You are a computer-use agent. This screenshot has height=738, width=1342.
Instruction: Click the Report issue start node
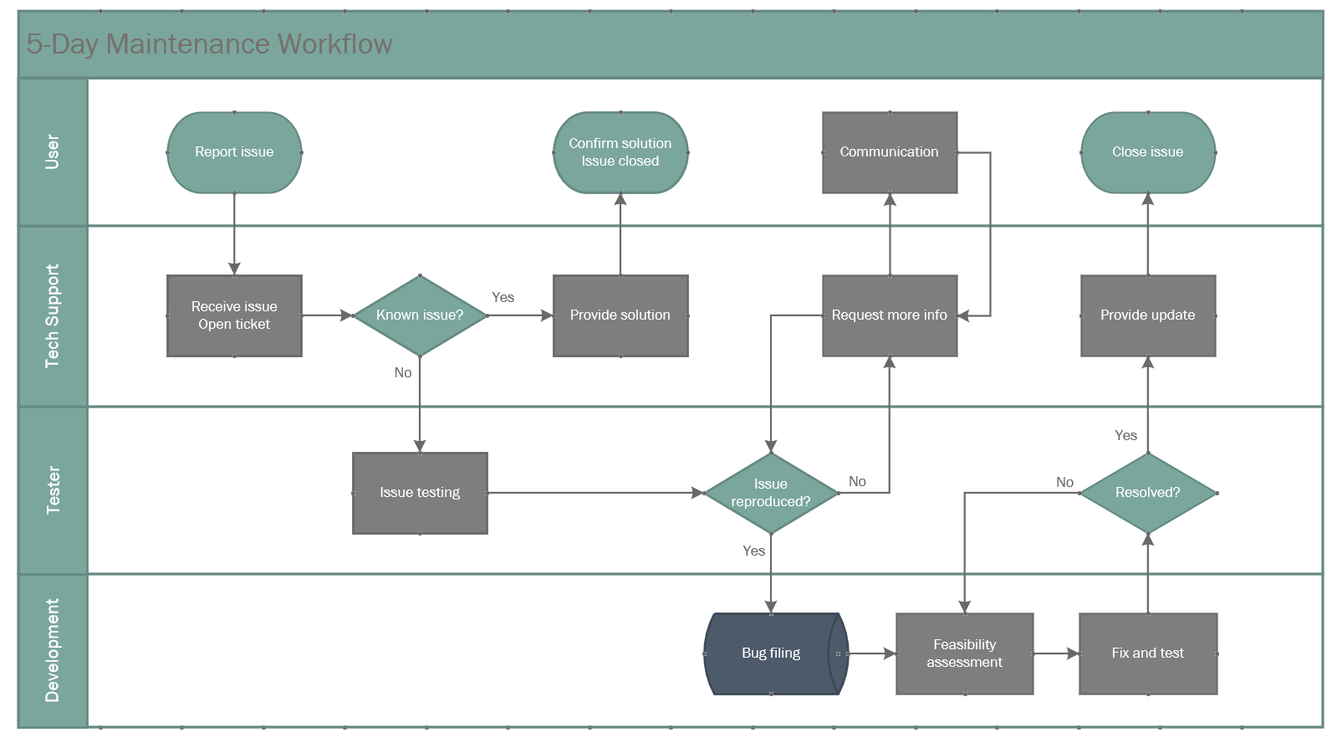234,152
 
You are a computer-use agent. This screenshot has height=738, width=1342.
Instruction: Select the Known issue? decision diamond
420,315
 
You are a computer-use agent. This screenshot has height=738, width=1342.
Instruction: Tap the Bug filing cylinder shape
771,653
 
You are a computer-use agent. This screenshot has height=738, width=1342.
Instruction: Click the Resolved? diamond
1147,493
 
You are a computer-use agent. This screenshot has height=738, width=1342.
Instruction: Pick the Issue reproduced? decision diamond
771,493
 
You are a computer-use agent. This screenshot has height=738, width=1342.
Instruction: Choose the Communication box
889,152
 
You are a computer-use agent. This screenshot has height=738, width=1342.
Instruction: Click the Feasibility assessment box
964,653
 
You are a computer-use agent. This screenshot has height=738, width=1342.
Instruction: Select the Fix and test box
1147,653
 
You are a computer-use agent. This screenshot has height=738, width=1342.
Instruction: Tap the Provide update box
1147,315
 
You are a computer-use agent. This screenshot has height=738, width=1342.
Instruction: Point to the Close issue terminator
1147,152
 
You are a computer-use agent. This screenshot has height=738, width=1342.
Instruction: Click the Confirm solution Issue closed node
620,152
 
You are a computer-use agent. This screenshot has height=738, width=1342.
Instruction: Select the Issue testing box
420,493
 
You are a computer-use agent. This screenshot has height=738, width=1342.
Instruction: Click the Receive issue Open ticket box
234,315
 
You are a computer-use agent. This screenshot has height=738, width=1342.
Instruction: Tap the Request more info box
889,315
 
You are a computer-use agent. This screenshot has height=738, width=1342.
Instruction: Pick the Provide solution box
620,315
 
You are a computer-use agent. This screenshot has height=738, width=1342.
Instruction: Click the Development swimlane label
53,650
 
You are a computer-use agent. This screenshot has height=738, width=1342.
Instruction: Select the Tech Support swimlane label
53,316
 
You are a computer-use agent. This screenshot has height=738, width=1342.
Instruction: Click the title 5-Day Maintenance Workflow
209,44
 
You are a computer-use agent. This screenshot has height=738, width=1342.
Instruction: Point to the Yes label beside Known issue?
503,298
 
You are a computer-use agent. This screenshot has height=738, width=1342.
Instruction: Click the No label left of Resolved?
1064,482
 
